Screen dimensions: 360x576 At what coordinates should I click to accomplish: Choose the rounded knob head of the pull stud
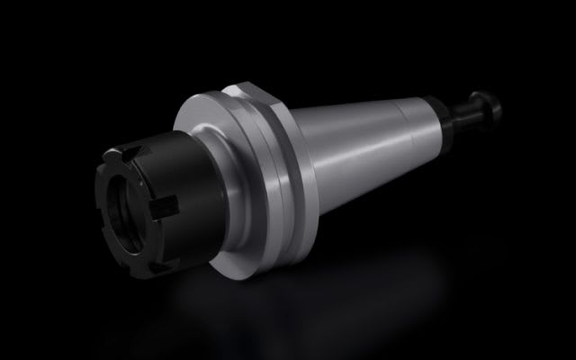tap(494, 104)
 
